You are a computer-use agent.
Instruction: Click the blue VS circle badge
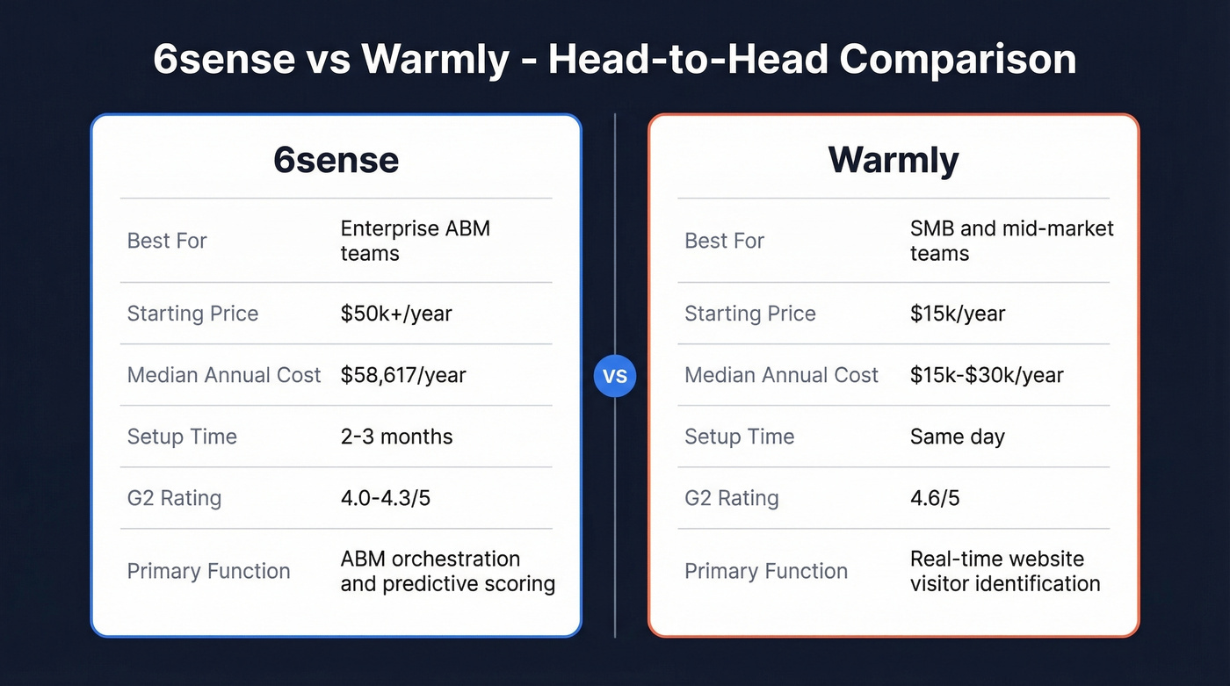tap(615, 376)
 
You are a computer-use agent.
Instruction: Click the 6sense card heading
tap(336, 160)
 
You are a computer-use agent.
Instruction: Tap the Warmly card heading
tap(894, 160)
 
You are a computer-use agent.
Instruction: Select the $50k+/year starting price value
tap(396, 314)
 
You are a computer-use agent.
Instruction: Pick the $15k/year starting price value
tap(958, 314)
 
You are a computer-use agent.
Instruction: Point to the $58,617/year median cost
tap(403, 375)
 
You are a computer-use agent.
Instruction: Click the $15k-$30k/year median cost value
tap(987, 375)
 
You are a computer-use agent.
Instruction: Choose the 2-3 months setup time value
tap(396, 437)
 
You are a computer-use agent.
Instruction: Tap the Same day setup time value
tap(957, 437)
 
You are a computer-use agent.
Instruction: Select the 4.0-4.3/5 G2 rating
tap(385, 498)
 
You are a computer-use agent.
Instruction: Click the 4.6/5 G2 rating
tap(935, 498)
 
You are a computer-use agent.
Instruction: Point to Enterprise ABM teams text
tap(415, 241)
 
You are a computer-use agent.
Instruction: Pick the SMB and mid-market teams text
tap(1011, 241)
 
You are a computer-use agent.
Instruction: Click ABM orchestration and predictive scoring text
tap(447, 571)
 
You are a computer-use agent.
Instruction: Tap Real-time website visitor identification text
tap(1005, 571)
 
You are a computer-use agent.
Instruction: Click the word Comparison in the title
tap(957, 60)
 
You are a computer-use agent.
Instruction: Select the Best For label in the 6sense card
tap(167, 241)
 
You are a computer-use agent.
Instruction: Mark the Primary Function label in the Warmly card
tap(766, 571)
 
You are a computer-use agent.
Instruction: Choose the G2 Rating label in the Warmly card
tap(732, 498)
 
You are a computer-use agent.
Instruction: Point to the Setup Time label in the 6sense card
tap(182, 437)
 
